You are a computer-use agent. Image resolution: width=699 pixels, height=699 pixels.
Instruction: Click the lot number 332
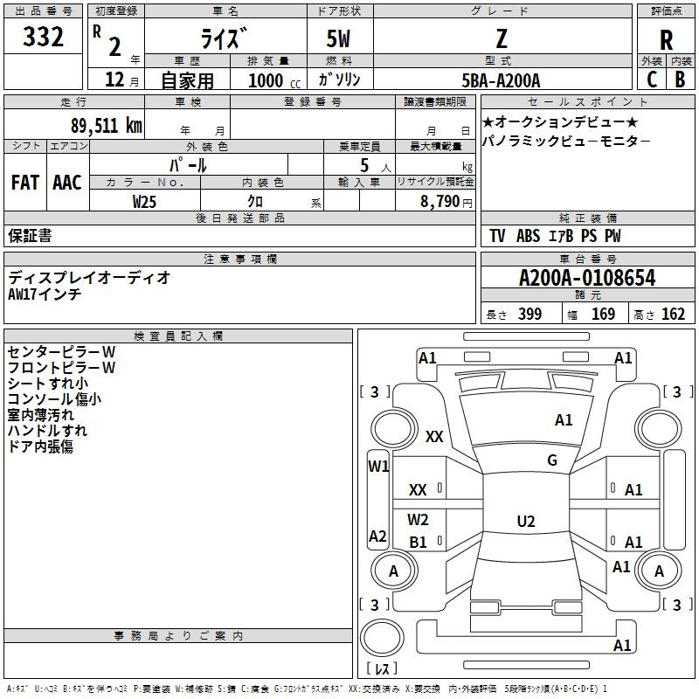click(x=43, y=38)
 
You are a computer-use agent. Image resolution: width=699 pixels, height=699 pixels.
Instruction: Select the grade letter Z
click(x=501, y=39)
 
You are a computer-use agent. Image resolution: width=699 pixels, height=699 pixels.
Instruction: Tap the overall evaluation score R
click(x=667, y=41)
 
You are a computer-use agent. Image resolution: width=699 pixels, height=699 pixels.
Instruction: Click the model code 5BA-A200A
click(x=501, y=80)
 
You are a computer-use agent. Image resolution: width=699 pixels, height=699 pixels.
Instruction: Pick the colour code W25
click(x=144, y=201)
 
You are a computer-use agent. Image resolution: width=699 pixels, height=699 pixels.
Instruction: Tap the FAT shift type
click(x=24, y=183)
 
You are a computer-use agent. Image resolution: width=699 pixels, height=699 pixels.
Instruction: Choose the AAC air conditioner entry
click(x=66, y=183)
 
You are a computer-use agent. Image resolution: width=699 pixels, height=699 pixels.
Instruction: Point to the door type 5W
click(x=339, y=39)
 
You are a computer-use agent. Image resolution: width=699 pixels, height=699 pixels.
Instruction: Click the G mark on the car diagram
click(x=552, y=460)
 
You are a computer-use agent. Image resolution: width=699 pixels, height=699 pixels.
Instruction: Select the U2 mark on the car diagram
click(x=526, y=522)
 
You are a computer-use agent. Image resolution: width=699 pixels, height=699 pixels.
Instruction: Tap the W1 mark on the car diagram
click(x=378, y=466)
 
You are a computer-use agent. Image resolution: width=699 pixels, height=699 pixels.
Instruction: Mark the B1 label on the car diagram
click(x=419, y=542)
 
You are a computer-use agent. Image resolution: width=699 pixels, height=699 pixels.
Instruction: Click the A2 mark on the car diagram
click(x=377, y=536)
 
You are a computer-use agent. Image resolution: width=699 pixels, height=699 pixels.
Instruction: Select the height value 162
click(x=673, y=315)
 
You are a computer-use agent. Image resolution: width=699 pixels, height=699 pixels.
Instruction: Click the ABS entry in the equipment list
click(x=528, y=236)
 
